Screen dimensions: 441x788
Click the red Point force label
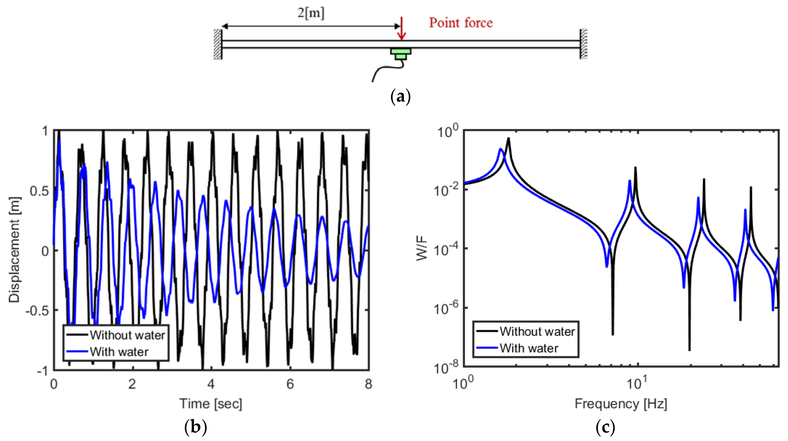coord(460,23)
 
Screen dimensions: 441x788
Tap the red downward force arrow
coord(401,29)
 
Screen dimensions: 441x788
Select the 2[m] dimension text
coord(311,13)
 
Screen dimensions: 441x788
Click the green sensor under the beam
coord(400,54)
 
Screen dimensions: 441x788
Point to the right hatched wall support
coord(584,44)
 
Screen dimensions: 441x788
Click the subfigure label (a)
coord(400,97)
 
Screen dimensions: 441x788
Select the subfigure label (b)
coord(196,427)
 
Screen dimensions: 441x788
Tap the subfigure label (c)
coord(605,427)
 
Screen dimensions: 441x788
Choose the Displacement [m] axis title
coord(14,250)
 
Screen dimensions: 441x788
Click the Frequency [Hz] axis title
coord(621,404)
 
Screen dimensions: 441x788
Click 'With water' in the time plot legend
coord(119,352)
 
